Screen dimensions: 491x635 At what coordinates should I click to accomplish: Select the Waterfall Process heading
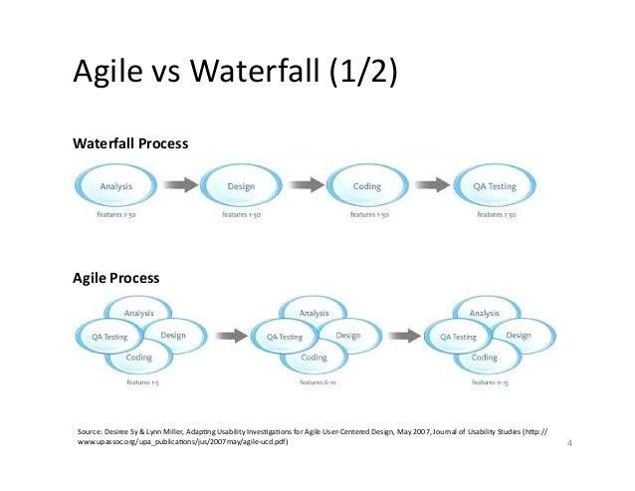130,144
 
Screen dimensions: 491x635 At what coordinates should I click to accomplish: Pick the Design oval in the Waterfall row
241,186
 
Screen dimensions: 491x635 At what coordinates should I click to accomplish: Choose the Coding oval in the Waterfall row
367,186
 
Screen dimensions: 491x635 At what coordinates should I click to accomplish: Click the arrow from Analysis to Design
179,186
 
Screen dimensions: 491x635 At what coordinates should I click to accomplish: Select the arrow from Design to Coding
305,186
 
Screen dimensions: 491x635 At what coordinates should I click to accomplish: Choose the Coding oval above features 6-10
314,358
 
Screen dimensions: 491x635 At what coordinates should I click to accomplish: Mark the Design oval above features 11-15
518,336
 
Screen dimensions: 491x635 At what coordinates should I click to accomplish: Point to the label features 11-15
485,382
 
